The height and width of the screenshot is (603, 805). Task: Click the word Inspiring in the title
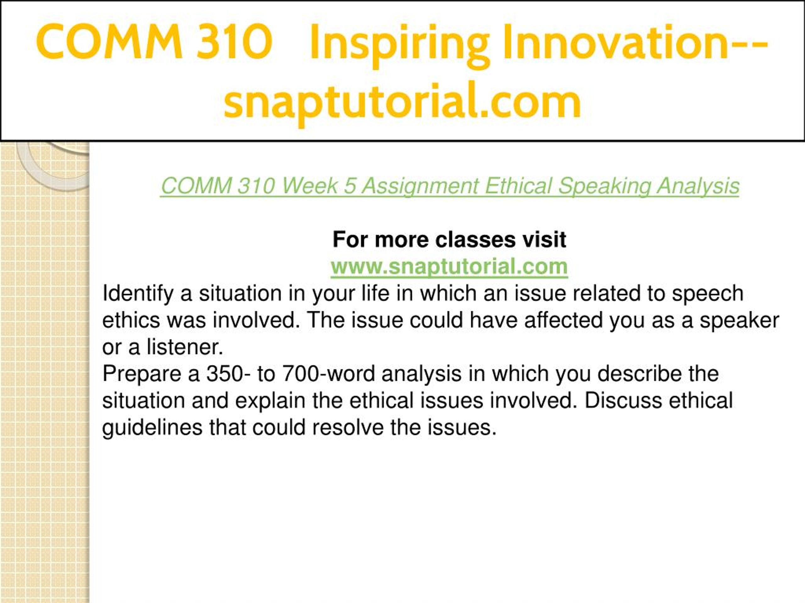coord(399,43)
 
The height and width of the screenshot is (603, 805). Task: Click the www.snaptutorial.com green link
coord(449,266)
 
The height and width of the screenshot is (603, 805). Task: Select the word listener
coord(185,347)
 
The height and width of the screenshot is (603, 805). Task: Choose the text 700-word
coord(329,374)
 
